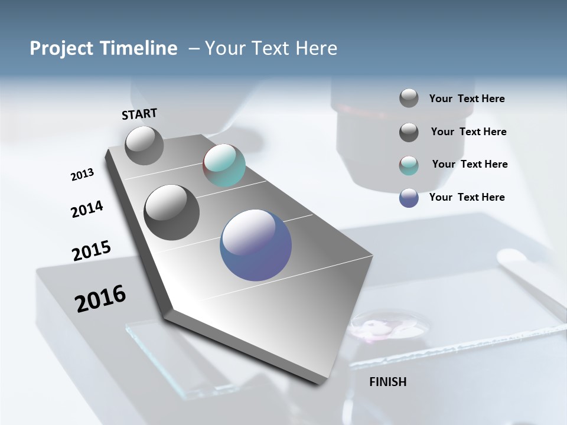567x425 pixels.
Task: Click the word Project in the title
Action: (x=59, y=48)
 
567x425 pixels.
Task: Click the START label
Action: (x=139, y=114)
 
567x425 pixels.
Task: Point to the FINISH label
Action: (x=387, y=382)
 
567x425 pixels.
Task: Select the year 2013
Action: (x=82, y=175)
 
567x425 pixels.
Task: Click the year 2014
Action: (x=87, y=209)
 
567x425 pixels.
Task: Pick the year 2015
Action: (x=91, y=251)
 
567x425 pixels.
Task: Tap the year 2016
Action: (x=100, y=299)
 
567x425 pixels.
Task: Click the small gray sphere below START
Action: (x=144, y=145)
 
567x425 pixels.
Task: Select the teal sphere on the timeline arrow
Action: (x=224, y=165)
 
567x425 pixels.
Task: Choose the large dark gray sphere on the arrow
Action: (x=172, y=212)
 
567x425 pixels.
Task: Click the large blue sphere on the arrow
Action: (x=256, y=245)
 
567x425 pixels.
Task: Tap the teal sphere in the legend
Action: (x=409, y=165)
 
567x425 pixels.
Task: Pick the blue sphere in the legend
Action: (x=409, y=198)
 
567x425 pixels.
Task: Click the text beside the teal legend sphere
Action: (x=470, y=164)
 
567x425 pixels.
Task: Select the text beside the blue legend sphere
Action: (x=467, y=197)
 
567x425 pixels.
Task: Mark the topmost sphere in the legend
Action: (x=409, y=98)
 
